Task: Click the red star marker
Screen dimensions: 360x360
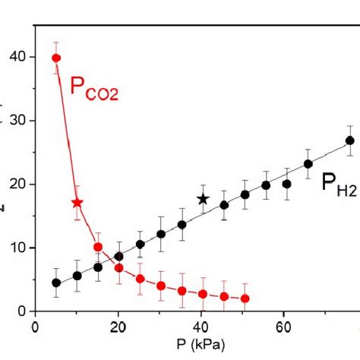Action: tap(77, 203)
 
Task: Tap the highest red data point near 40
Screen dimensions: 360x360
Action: tap(56, 58)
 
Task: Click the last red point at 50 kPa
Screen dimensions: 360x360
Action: tap(245, 298)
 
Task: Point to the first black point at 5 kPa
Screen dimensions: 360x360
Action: tap(56, 283)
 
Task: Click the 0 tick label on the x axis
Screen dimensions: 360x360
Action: tap(36, 328)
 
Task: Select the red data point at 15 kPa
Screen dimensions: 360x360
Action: tap(98, 247)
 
